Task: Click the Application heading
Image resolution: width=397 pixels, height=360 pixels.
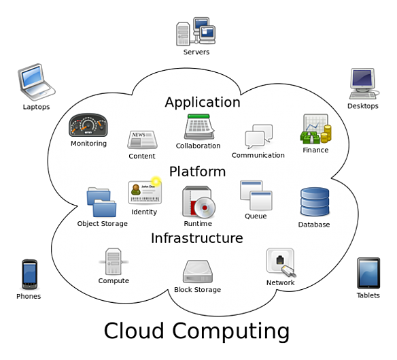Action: [x=203, y=103]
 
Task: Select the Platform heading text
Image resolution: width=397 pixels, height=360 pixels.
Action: [x=197, y=171]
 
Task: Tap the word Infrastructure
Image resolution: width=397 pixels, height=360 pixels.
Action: [x=196, y=238]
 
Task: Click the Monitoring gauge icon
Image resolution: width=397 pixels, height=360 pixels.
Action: [x=88, y=126]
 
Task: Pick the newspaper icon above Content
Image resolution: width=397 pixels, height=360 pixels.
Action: [x=142, y=140]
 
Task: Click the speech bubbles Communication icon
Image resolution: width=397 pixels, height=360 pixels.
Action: [x=258, y=137]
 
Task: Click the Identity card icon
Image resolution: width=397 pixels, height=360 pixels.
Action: [x=145, y=192]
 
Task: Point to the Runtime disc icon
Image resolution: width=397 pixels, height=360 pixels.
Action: [x=198, y=202]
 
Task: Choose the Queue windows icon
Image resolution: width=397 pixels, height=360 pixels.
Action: [x=256, y=195]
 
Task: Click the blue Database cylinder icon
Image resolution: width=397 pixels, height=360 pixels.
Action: [x=314, y=202]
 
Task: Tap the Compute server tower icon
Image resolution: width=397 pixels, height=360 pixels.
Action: [x=113, y=261]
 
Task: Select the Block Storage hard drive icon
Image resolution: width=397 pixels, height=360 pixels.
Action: [x=198, y=271]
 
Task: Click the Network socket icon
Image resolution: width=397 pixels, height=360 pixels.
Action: [x=280, y=262]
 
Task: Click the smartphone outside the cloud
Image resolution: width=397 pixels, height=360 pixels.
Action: [x=29, y=274]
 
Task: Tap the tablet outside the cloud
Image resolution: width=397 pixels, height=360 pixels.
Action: [x=368, y=273]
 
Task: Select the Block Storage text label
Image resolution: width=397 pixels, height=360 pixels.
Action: [x=198, y=290]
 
